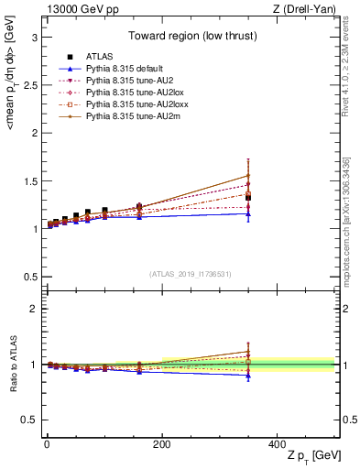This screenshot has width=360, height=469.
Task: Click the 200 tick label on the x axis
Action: [161, 444]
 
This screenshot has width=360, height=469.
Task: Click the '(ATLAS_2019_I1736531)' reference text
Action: [190, 273]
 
